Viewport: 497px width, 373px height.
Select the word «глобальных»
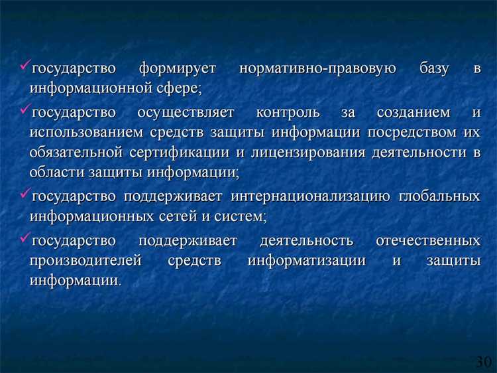tap(439, 196)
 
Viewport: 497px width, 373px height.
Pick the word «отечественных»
tap(427, 240)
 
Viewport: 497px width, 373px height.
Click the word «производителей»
tap(85, 260)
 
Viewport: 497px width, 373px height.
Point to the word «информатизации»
tap(307, 260)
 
